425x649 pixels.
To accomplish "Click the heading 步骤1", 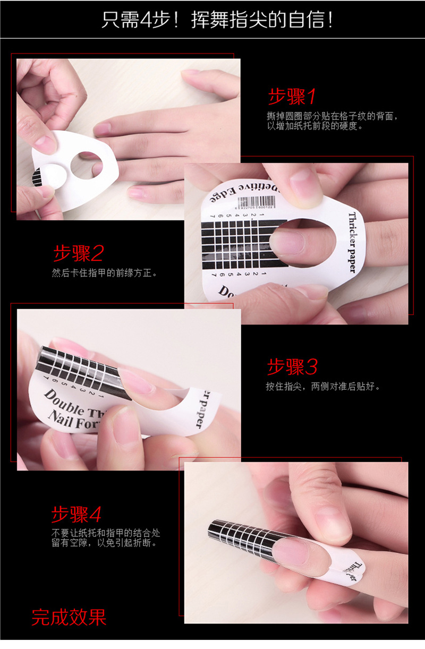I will tap(292, 97).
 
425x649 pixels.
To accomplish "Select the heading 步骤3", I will tap(292, 366).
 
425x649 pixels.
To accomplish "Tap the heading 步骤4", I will tap(76, 514).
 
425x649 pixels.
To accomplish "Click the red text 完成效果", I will tap(69, 617).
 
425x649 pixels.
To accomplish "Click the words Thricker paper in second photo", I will tap(352, 242).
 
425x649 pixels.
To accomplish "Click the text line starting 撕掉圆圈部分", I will tap(332, 116).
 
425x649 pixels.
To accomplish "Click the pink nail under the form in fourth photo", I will tap(297, 550).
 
